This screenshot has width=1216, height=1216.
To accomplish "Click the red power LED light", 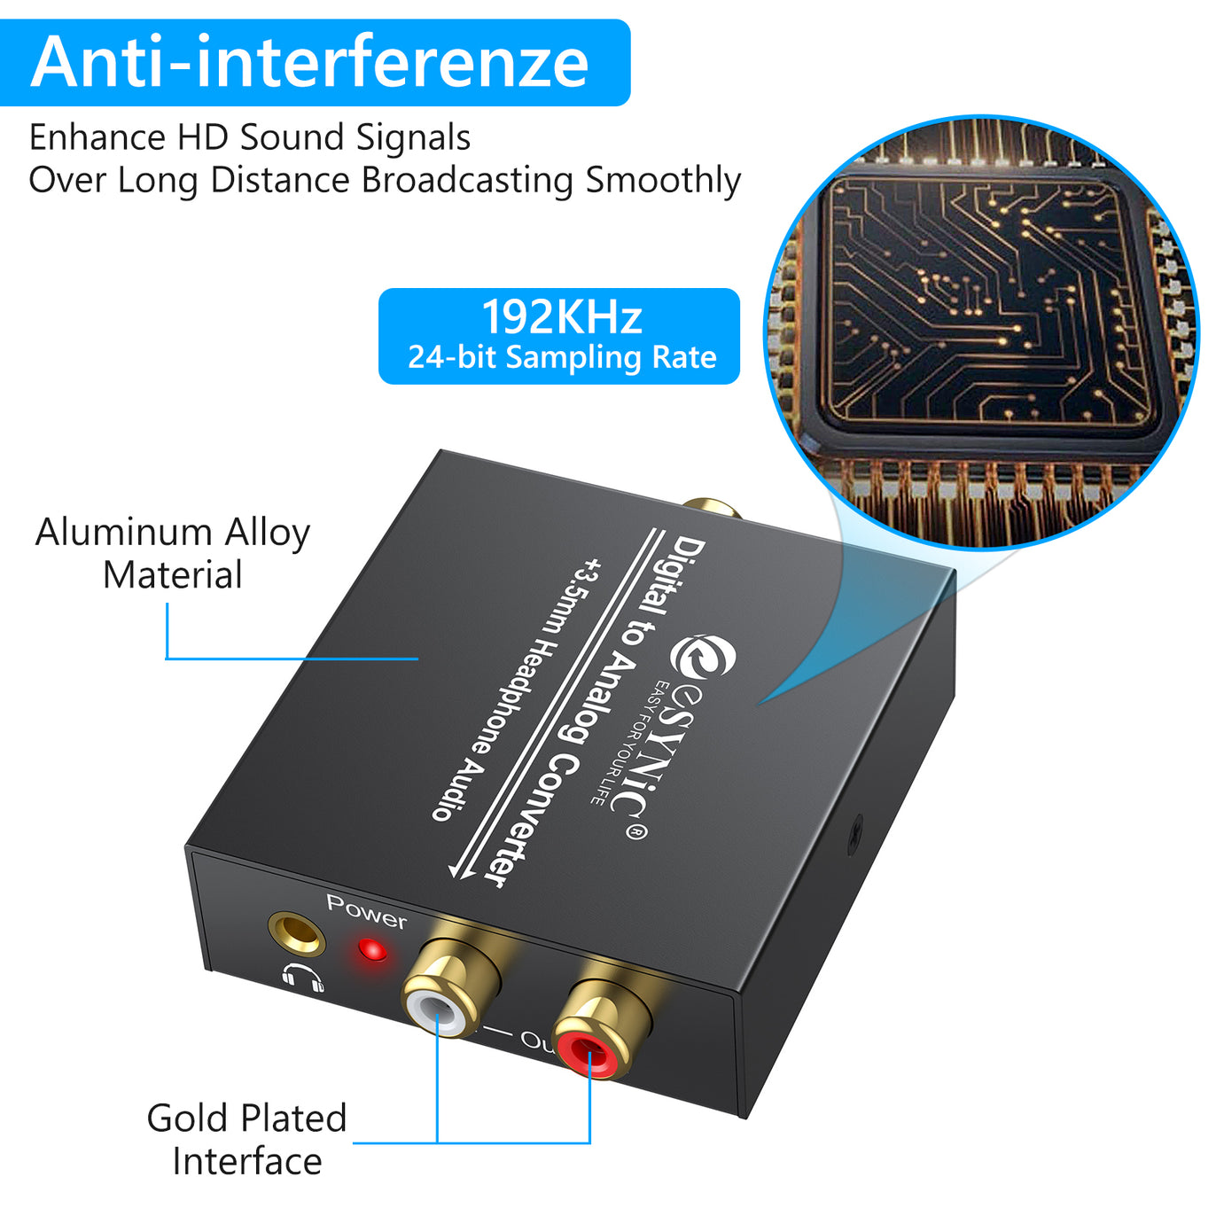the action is (x=372, y=950).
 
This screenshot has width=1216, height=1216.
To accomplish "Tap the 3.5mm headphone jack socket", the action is (x=297, y=934).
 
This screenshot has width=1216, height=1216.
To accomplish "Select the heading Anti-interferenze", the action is (x=309, y=61).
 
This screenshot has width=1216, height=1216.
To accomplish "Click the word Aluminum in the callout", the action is (x=124, y=532).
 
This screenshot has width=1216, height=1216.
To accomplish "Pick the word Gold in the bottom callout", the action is (x=187, y=1119).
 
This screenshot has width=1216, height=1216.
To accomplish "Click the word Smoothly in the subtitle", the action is (x=663, y=181).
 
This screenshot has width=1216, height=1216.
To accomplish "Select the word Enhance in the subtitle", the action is (x=97, y=137).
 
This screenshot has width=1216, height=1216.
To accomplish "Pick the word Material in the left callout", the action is (x=172, y=575).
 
